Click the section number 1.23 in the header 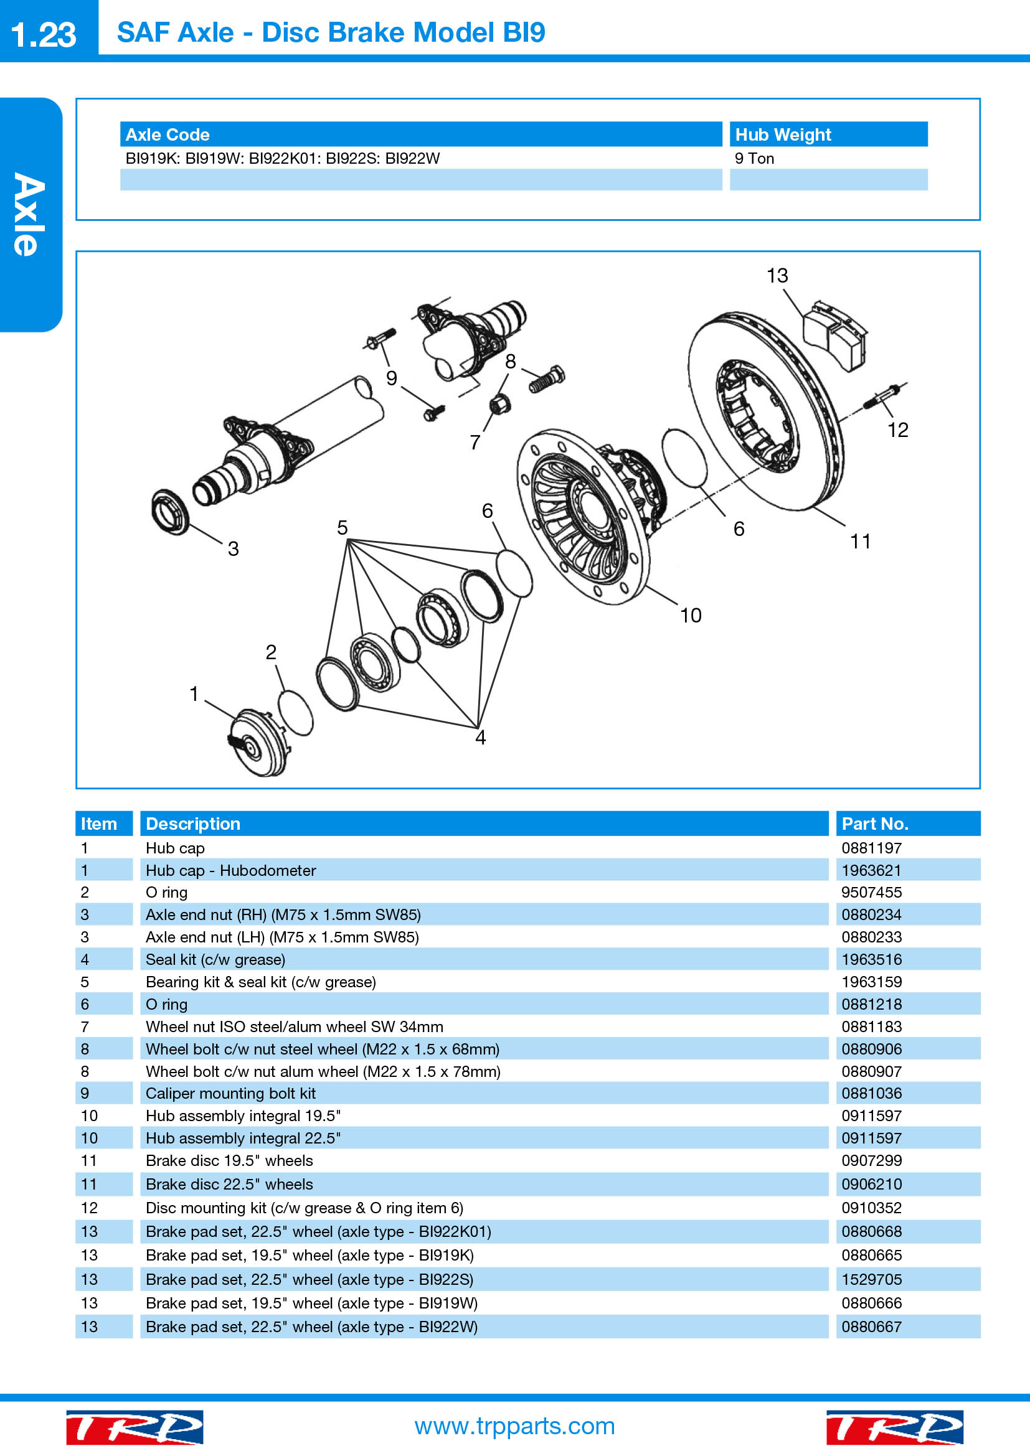(43, 34)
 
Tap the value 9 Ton (754, 159)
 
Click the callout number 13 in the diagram (777, 275)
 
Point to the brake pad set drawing (834, 334)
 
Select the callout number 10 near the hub (691, 615)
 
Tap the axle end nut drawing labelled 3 (171, 511)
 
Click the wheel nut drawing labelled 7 (500, 403)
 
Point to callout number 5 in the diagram (343, 528)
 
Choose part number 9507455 (871, 892)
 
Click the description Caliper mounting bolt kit (230, 1093)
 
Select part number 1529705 (871, 1280)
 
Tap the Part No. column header (874, 824)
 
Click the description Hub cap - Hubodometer (230, 870)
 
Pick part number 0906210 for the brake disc (871, 1184)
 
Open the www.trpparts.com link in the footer (514, 1426)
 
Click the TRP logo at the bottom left (135, 1427)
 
